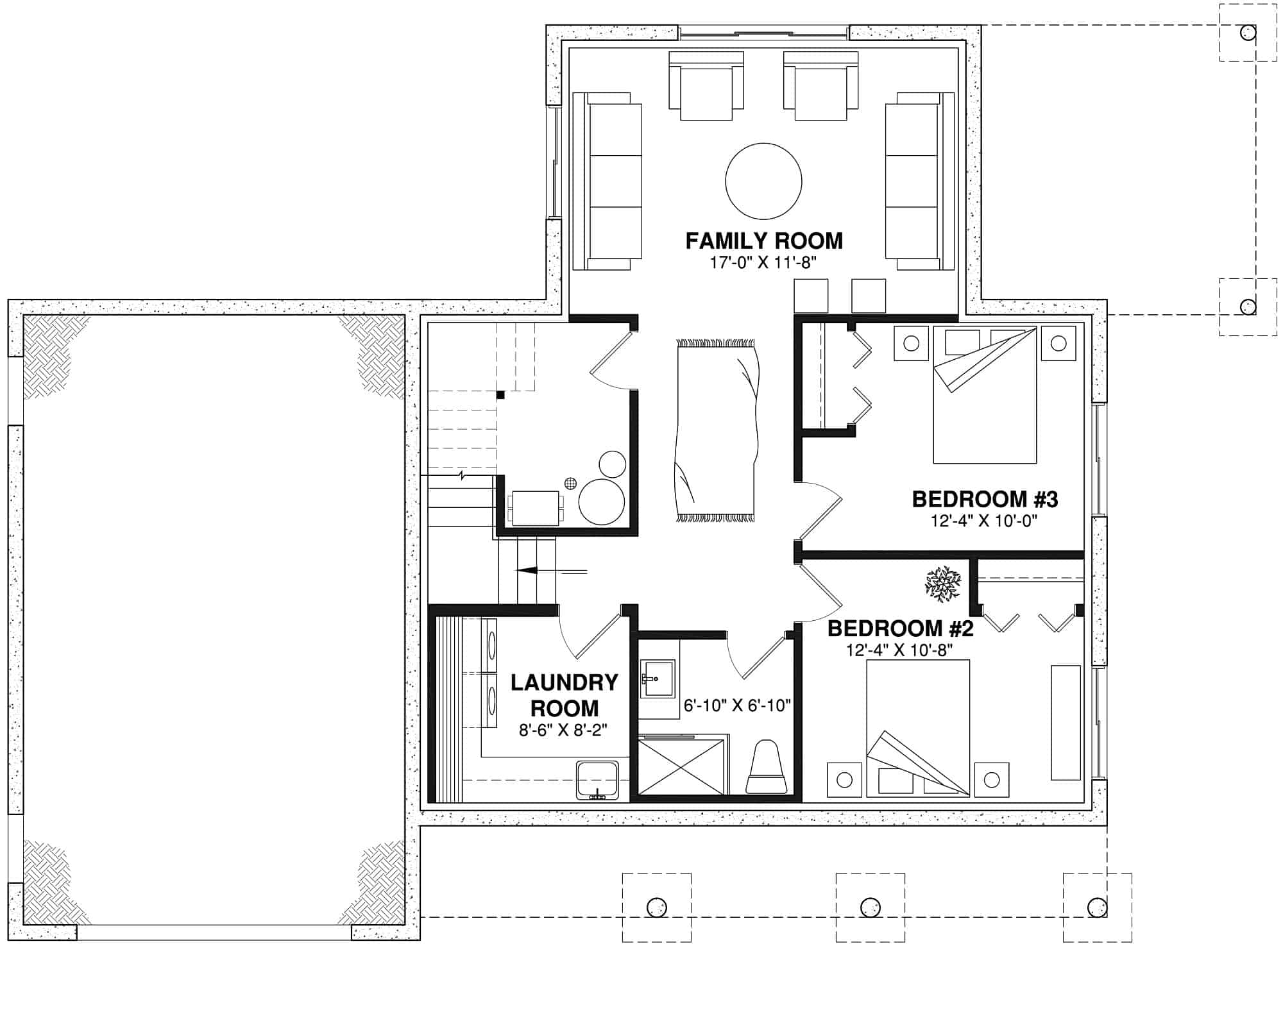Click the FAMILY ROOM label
(x=763, y=241)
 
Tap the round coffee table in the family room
(x=763, y=181)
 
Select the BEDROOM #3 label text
(x=985, y=499)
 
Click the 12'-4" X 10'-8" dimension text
(x=899, y=650)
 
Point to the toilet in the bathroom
(x=766, y=768)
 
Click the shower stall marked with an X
(x=681, y=767)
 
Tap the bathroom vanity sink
(x=656, y=679)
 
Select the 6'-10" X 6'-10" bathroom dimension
(x=737, y=706)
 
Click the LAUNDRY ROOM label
(x=564, y=695)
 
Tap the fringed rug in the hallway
(x=715, y=430)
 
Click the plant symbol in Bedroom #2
(x=942, y=584)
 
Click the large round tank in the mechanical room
(x=601, y=502)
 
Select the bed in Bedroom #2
(x=917, y=728)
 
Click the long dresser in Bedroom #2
(x=1065, y=722)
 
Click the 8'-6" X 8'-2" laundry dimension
(x=563, y=730)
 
